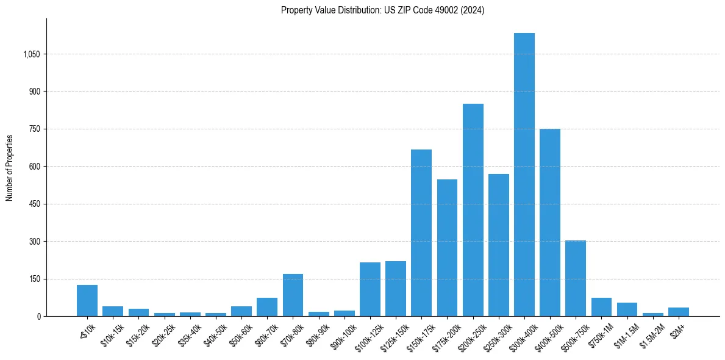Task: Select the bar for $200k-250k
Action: coord(473,210)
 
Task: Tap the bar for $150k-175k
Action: coord(421,232)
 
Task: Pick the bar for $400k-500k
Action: coord(550,222)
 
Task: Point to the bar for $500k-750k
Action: coord(576,278)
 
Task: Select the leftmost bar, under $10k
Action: coord(87,300)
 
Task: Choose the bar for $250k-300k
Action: coord(499,245)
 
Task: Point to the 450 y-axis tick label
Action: coord(35,204)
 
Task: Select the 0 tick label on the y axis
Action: coord(38,316)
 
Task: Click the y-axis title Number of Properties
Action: coord(10,167)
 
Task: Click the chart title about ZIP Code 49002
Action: coord(382,10)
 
